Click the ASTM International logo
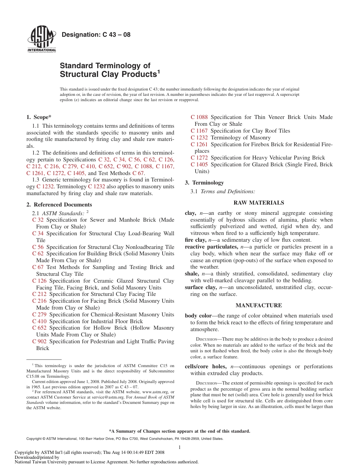point(42,39)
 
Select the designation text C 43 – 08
point(96,35)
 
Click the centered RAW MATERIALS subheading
point(258,203)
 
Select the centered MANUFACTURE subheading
point(258,305)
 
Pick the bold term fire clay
point(196,240)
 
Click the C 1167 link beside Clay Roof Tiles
point(199,131)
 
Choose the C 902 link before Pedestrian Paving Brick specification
point(39,341)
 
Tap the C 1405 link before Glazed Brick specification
point(199,164)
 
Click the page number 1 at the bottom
point(180,447)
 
